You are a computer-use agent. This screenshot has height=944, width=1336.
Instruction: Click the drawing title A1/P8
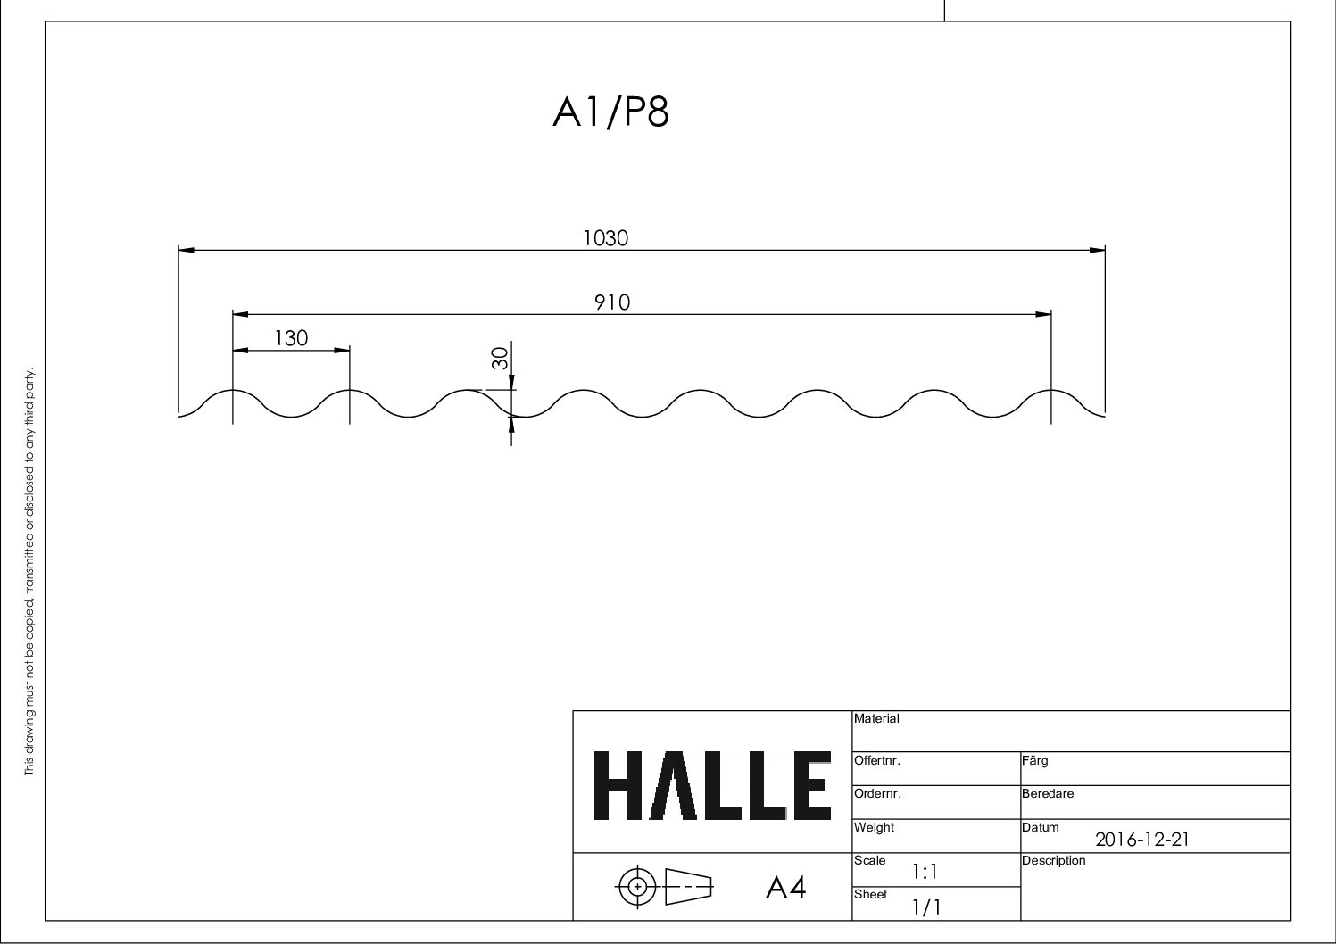pyautogui.click(x=610, y=113)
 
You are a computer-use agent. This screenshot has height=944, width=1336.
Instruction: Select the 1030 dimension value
pyautogui.click(x=606, y=238)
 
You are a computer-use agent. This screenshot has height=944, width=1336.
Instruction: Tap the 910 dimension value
pyautogui.click(x=612, y=302)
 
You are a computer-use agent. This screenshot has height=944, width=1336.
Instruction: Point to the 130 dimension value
pyautogui.click(x=291, y=338)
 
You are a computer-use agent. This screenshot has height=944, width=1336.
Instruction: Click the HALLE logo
pyautogui.click(x=711, y=786)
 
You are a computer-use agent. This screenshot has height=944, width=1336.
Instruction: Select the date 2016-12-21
pyautogui.click(x=1141, y=839)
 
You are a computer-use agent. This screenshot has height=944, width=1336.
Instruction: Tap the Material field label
pyautogui.click(x=876, y=718)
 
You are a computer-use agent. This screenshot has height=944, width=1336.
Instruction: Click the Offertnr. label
pyautogui.click(x=877, y=761)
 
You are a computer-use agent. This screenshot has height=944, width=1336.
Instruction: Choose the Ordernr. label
pyautogui.click(x=877, y=793)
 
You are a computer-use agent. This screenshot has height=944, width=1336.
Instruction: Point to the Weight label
pyautogui.click(x=874, y=827)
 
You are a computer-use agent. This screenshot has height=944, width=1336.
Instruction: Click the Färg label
pyautogui.click(x=1034, y=761)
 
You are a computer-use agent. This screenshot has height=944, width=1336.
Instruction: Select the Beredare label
pyautogui.click(x=1048, y=793)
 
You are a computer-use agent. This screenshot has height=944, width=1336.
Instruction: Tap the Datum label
pyautogui.click(x=1040, y=827)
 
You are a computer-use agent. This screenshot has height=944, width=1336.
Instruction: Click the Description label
pyautogui.click(x=1053, y=860)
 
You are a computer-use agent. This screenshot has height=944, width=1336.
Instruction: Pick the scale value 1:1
pyautogui.click(x=925, y=872)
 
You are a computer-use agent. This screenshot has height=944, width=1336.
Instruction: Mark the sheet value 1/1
pyautogui.click(x=925, y=907)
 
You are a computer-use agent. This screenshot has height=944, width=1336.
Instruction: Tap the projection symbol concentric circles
pyautogui.click(x=637, y=886)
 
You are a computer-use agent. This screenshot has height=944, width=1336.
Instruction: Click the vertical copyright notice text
pyautogui.click(x=29, y=571)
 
